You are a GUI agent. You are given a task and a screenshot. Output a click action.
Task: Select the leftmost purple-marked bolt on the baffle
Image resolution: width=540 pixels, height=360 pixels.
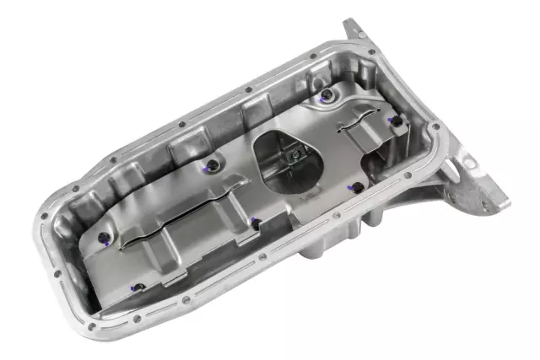point(102,239)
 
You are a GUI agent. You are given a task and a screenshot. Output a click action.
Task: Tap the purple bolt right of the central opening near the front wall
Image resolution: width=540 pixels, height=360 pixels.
point(357,187)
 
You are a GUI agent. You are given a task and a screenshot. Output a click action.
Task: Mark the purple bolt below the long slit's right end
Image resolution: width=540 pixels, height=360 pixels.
point(252,223)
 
